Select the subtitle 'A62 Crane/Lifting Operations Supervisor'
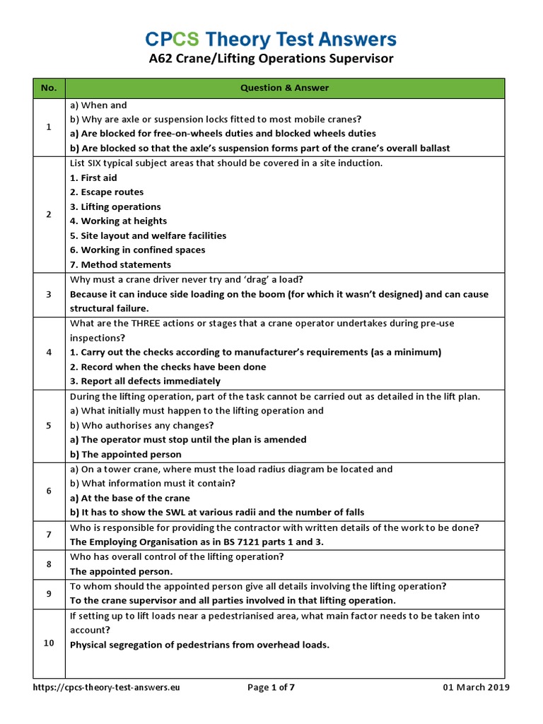[271, 59]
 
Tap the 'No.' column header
[49, 88]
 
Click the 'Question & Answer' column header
[284, 88]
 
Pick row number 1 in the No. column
[49, 127]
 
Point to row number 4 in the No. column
[49, 352]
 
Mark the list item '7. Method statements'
[120, 265]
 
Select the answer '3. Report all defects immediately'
[145, 381]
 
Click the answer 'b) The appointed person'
[125, 455]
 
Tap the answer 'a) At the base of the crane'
[131, 498]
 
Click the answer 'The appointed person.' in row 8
[121, 571]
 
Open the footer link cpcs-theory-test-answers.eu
[107, 687]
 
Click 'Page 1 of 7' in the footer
[271, 687]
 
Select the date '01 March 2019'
[476, 687]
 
